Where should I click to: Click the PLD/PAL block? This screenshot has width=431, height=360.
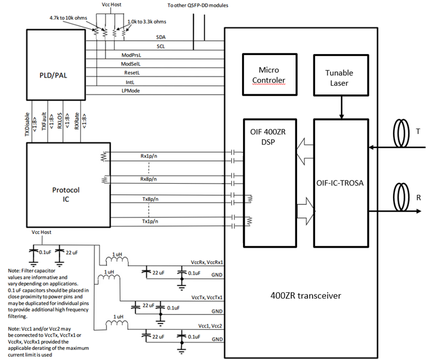click(56, 65)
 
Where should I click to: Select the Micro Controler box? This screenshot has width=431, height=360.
click(270, 75)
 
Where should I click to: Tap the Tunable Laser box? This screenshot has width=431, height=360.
click(341, 75)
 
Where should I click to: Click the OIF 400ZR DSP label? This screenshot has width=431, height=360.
click(268, 137)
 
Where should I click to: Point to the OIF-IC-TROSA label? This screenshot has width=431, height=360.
click(340, 183)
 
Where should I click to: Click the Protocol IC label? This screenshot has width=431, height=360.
click(66, 194)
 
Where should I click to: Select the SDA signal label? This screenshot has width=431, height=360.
click(161, 37)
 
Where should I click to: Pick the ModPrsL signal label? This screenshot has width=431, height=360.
click(131, 55)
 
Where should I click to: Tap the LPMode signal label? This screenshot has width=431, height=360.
click(131, 91)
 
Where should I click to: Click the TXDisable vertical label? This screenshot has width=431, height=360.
click(27, 124)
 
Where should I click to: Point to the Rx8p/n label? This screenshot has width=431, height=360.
click(148, 179)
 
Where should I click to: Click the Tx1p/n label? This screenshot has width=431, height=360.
click(150, 221)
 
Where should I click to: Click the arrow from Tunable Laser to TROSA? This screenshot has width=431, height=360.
click(341, 107)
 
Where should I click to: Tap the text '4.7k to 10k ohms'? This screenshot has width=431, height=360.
click(68, 18)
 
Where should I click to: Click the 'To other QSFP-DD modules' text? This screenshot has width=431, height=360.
click(198, 5)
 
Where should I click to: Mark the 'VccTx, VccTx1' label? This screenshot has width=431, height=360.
click(207, 298)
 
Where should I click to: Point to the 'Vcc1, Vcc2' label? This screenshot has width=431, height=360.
click(210, 326)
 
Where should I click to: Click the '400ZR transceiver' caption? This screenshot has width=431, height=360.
click(306, 296)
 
